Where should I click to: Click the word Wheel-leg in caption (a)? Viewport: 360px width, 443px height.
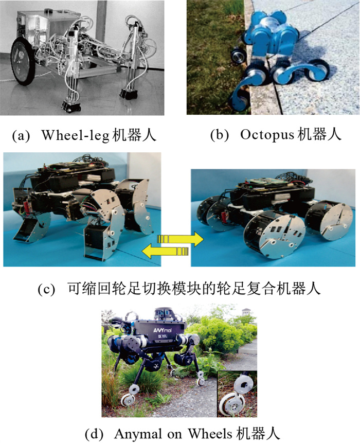pos(76,135)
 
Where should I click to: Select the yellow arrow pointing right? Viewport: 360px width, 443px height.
pos(180,239)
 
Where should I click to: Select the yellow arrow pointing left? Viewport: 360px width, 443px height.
pos(165,251)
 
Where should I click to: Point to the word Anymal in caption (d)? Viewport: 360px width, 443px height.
pos(137,434)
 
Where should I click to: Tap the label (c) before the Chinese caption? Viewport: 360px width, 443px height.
pos(46,290)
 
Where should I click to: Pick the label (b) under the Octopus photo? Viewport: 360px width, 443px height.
pos(220,135)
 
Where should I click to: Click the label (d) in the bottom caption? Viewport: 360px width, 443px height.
pos(94,434)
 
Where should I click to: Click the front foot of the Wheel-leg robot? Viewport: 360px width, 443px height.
pos(70,107)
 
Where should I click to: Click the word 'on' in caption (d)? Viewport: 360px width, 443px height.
pos(174,434)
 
